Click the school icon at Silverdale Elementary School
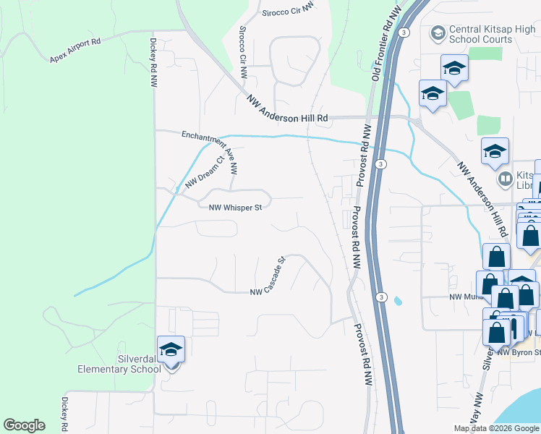[171, 350]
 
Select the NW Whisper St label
[234, 208]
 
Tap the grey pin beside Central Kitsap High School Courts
[438, 33]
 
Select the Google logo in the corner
[24, 425]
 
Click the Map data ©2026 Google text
[496, 428]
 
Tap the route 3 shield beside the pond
[382, 297]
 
